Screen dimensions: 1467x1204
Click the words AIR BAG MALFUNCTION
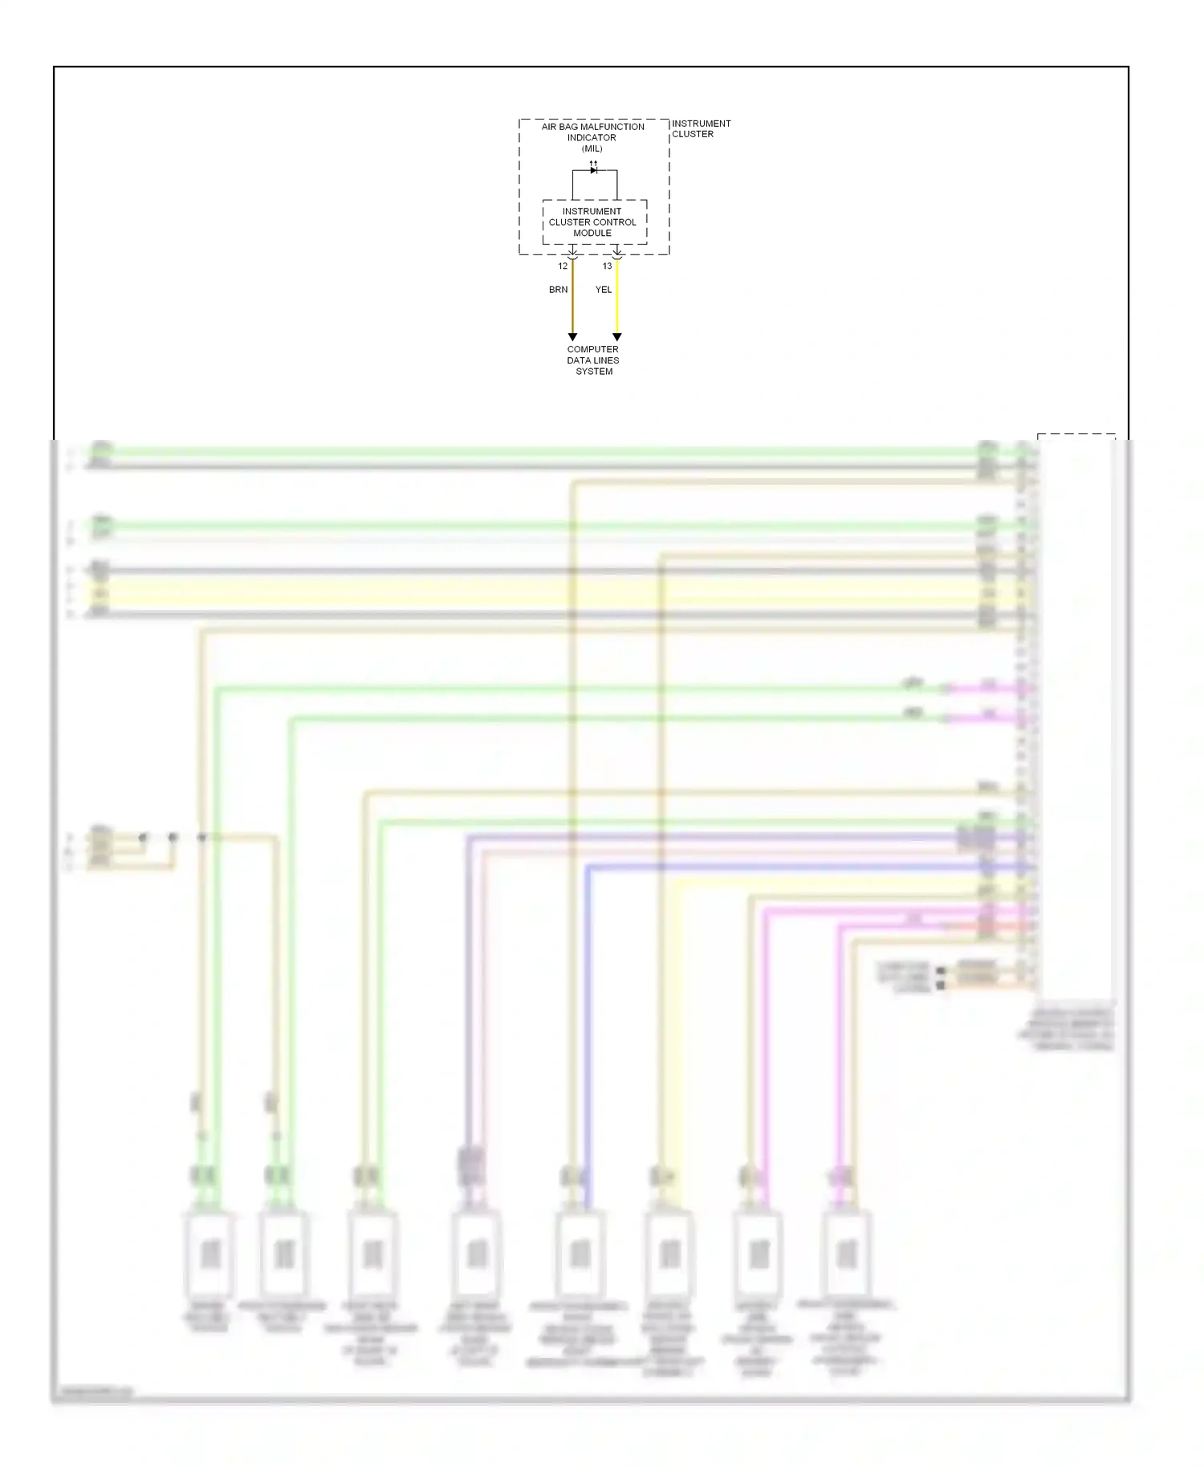coord(592,127)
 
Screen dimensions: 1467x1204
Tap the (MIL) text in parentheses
coord(592,148)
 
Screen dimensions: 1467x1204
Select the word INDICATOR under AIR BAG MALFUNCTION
coord(592,138)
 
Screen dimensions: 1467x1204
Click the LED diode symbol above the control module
coord(594,169)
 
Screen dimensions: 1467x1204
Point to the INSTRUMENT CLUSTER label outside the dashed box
coord(700,128)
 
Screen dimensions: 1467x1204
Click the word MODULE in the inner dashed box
coord(592,234)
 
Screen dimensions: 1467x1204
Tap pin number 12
coord(563,266)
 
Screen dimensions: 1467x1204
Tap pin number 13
coord(607,266)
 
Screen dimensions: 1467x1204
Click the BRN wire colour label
coord(558,290)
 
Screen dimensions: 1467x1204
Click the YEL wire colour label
coord(604,290)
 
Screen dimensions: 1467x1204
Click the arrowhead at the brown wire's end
coord(572,337)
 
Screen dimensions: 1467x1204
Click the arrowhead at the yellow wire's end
coord(616,337)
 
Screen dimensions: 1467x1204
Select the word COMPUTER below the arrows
coord(592,350)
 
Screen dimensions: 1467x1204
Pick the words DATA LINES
coord(592,361)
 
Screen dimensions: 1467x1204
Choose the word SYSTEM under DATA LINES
coord(594,372)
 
